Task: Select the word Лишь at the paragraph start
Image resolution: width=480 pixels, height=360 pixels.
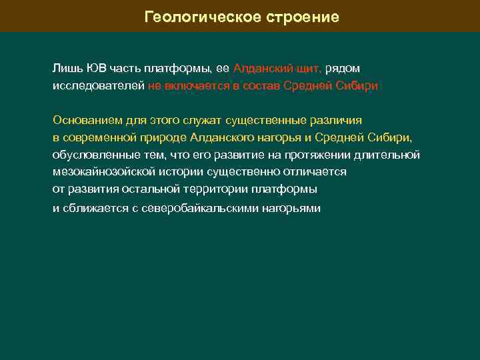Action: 65,69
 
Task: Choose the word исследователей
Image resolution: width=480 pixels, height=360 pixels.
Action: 98,86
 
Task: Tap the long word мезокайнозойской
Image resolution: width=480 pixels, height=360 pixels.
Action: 102,171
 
